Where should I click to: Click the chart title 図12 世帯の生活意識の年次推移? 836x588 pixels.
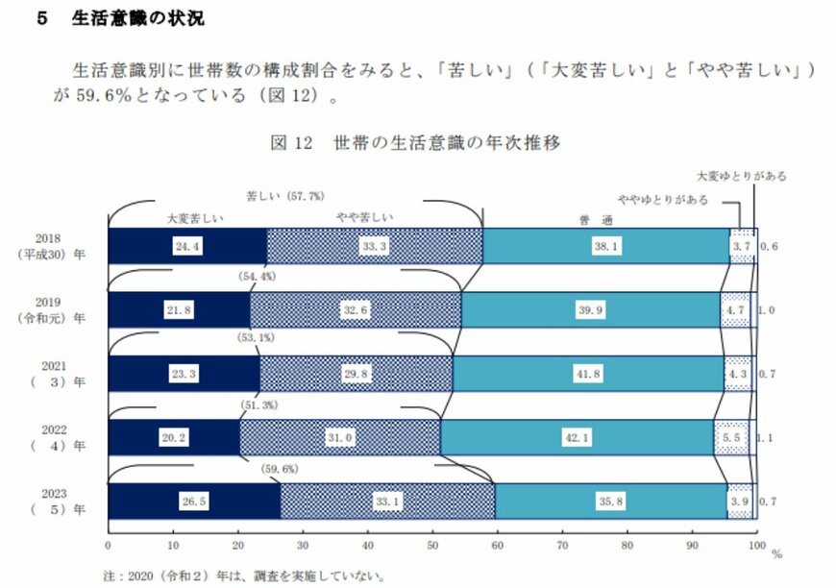click(415, 143)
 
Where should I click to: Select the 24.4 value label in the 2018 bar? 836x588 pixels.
click(186, 246)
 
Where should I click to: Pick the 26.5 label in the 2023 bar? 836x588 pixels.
click(194, 502)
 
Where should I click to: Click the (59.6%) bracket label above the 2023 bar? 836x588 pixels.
click(280, 469)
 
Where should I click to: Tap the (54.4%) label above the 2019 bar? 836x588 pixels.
click(257, 277)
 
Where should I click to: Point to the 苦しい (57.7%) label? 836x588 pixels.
click(284, 196)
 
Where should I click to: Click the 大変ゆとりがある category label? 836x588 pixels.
click(741, 177)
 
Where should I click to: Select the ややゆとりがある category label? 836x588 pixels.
click(663, 199)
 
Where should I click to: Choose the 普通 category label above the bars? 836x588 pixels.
click(602, 219)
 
